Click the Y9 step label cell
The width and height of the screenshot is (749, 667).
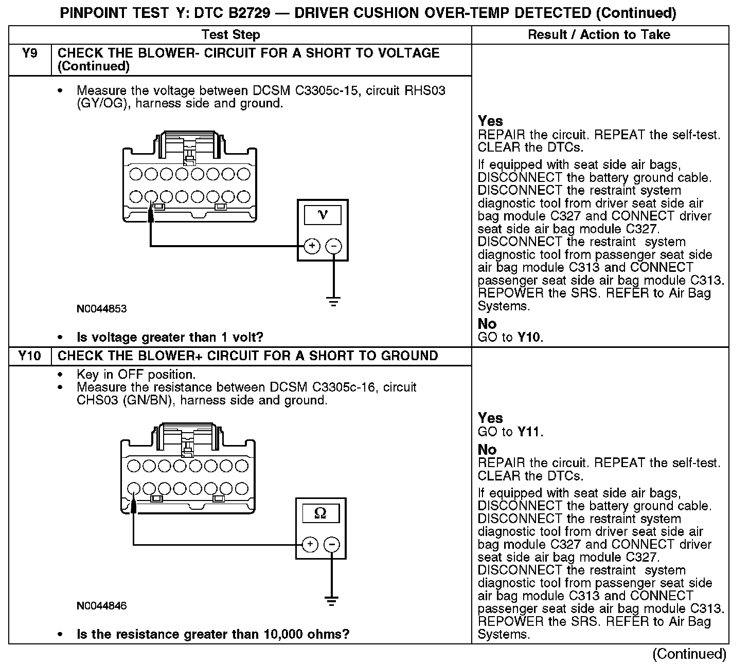pos(30,53)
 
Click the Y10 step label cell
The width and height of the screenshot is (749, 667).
pos(30,356)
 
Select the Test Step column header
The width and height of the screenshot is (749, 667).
pos(231,35)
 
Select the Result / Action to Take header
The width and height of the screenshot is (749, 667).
pos(599,35)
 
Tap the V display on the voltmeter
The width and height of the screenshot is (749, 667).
pos(323,215)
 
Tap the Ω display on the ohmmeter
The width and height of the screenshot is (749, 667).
pos(320,513)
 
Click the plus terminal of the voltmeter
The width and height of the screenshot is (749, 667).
pos(311,246)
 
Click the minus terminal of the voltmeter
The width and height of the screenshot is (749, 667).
pos(334,246)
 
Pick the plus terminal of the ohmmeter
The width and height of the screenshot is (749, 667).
pos(309,544)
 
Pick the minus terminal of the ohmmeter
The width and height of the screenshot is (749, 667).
pos(332,544)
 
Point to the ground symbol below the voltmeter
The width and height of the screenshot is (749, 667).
pos(334,301)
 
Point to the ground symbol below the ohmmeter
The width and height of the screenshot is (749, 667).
pos(332,599)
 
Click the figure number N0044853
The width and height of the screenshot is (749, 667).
pos(101,309)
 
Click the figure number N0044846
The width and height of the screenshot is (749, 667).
pos(101,606)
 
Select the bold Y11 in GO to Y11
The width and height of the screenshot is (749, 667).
pos(530,432)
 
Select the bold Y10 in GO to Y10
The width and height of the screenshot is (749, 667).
pos(530,338)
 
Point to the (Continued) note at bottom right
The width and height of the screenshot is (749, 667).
pos(689,654)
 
